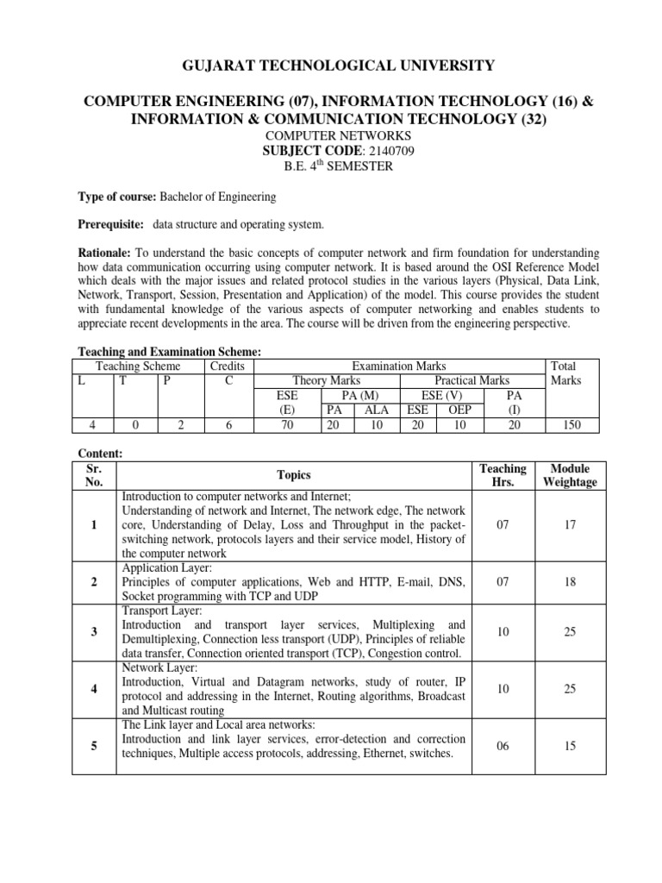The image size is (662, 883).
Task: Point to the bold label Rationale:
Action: (104, 253)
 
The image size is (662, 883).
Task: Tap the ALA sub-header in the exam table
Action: (377, 409)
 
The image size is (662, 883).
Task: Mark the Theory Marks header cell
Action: (326, 380)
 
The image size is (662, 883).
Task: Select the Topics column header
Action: (294, 475)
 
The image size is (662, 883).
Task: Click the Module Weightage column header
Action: (570, 475)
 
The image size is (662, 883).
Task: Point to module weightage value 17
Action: (570, 524)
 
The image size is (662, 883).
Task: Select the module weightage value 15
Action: (570, 746)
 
